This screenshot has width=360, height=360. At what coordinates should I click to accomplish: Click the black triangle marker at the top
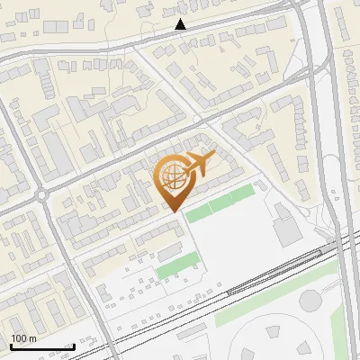[180, 24]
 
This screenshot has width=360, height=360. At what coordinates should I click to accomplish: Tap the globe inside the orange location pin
[171, 176]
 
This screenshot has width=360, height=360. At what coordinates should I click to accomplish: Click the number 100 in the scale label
[18, 338]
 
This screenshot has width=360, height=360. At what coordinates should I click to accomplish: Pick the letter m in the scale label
[32, 338]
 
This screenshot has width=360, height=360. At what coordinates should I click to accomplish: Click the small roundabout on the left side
[42, 194]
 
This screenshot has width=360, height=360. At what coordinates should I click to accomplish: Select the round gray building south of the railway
[311, 300]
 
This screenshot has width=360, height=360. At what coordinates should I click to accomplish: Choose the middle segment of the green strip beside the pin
[220, 203]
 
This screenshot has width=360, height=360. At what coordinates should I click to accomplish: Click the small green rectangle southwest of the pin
[177, 265]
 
